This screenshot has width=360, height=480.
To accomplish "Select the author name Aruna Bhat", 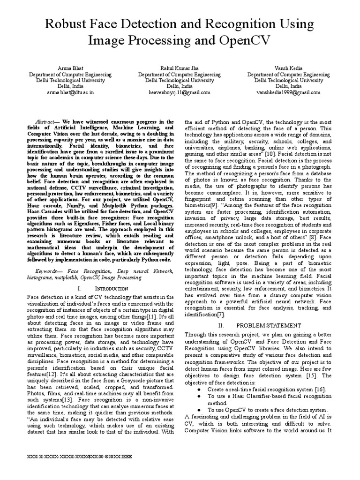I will (70, 68).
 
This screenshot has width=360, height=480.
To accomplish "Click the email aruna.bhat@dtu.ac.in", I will (70, 92).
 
